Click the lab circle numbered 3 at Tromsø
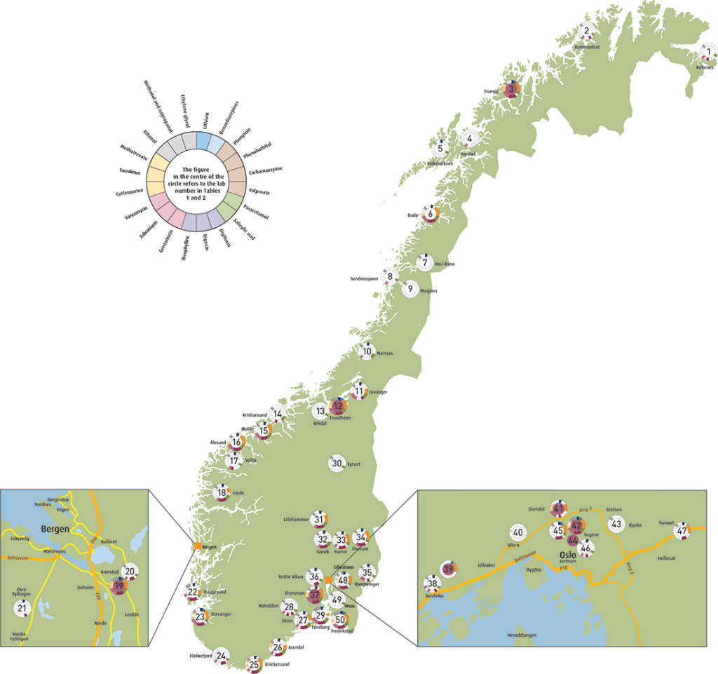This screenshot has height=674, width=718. click(512, 89)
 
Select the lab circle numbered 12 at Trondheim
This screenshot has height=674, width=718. click(338, 406)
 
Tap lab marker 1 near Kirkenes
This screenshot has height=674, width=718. click(708, 52)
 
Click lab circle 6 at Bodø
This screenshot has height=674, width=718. click(431, 214)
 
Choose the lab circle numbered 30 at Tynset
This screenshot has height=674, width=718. click(337, 463)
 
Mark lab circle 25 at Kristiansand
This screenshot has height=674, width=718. click(254, 663)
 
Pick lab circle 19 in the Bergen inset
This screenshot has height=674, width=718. click(118, 586)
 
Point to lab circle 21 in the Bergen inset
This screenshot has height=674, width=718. click(21, 609)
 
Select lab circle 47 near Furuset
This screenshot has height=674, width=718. click(681, 531)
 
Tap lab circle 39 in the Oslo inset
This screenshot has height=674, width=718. click(449, 568)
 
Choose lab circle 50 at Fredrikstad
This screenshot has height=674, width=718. click(341, 619)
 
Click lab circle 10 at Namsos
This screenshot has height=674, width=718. click(367, 351)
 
